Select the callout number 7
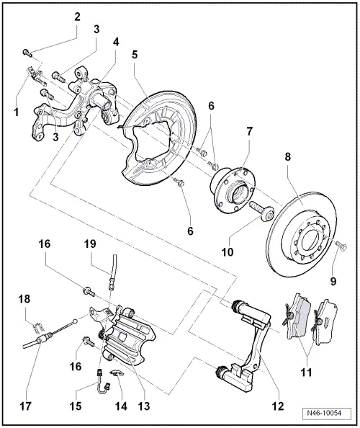pos(248,132)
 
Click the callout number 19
pos(111,244)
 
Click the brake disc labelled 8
pos(295,231)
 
